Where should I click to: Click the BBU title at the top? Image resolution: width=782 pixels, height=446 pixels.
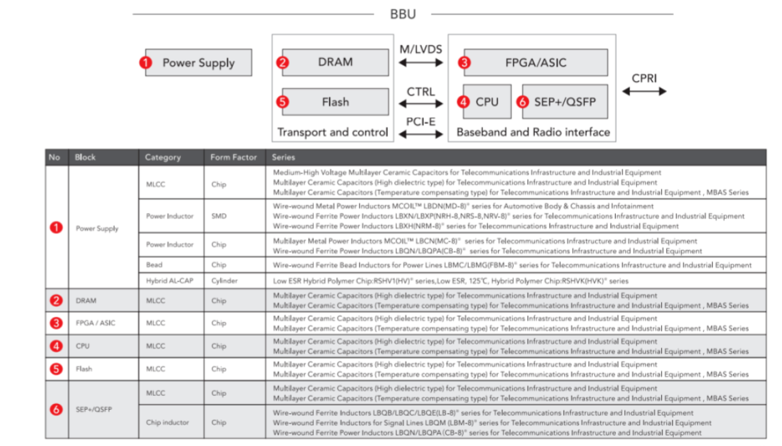(x=403, y=14)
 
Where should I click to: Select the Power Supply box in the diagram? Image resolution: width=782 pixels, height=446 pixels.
(x=198, y=63)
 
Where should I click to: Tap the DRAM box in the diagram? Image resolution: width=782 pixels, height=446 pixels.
(x=335, y=62)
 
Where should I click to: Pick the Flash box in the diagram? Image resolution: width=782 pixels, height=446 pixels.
(x=335, y=102)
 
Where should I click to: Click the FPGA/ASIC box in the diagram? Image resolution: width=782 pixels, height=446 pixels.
(x=536, y=63)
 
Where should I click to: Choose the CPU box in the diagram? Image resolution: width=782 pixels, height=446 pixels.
(x=487, y=102)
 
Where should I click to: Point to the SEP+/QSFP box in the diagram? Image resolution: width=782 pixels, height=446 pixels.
(x=565, y=102)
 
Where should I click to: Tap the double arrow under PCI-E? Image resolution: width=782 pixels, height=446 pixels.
(x=421, y=134)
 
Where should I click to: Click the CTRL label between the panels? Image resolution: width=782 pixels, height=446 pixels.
(x=421, y=91)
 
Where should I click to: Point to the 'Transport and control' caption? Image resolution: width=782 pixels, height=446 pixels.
(x=333, y=132)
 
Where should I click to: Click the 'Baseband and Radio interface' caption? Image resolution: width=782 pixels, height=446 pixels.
(x=533, y=132)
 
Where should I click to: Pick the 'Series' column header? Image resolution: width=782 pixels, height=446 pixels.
(x=284, y=158)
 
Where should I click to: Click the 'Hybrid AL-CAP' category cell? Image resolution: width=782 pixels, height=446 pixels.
(x=170, y=281)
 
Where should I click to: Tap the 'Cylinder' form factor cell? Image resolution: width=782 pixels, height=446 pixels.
(x=224, y=281)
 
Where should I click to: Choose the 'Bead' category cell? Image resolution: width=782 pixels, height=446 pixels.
(x=154, y=265)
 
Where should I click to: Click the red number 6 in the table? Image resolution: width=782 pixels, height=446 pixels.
(x=57, y=409)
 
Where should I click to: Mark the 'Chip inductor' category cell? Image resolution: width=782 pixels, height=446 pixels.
(x=168, y=423)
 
